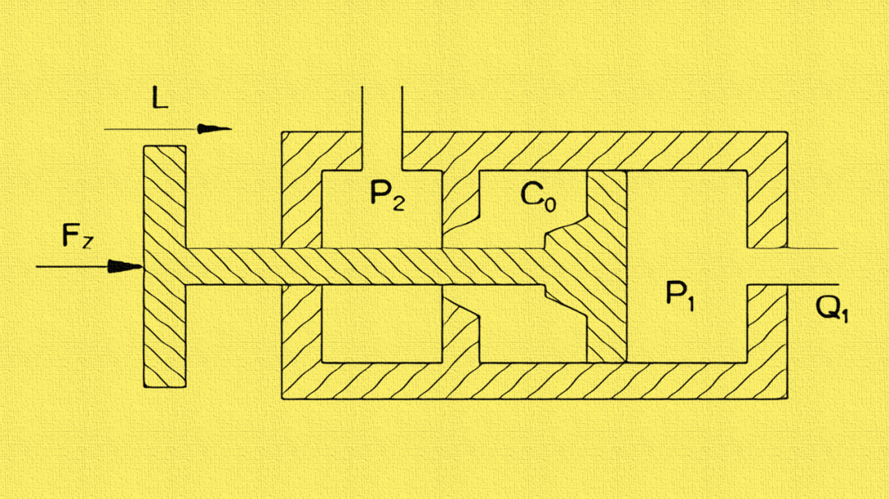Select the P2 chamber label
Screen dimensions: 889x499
tap(386, 195)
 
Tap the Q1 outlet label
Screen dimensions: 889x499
tap(831, 308)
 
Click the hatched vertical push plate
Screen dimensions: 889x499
tap(164, 329)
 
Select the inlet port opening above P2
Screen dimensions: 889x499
tap(382, 124)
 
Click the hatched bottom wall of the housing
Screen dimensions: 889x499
tap(535, 380)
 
